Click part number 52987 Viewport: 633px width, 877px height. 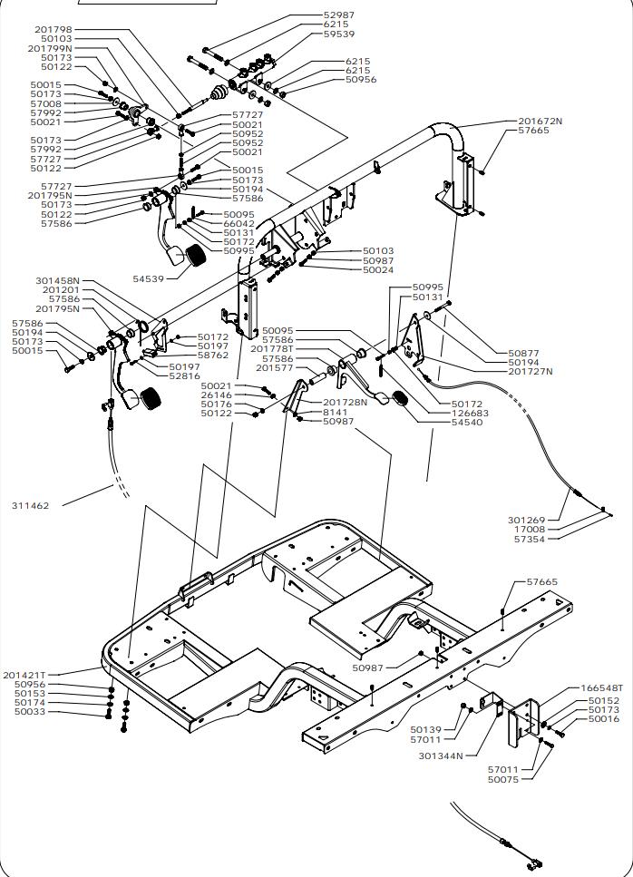[x=339, y=15]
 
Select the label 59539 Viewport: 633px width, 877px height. [x=339, y=34]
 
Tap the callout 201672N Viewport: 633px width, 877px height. [x=540, y=121]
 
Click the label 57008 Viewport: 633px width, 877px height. [x=46, y=104]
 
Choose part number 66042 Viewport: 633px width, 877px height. [x=239, y=223]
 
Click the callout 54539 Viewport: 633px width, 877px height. [x=149, y=278]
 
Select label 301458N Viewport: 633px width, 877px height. [x=57, y=281]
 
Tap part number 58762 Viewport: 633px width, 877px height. [x=213, y=356]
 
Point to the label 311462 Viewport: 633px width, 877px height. [x=30, y=504]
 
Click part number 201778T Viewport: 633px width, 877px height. [x=271, y=349]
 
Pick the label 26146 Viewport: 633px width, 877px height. [x=216, y=395]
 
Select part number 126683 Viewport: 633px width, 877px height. [x=470, y=413]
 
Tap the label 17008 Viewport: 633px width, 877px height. [x=530, y=530]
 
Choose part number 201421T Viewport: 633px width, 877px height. [x=24, y=675]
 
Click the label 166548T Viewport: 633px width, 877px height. [x=601, y=688]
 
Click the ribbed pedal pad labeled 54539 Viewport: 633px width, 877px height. [x=193, y=257]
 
